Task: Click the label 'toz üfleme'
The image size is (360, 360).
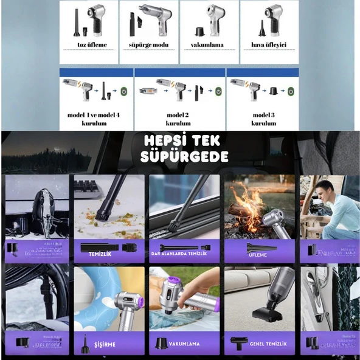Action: [88, 44]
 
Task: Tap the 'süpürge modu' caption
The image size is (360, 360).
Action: [148, 44]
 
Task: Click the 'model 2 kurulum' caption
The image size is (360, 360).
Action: [178, 118]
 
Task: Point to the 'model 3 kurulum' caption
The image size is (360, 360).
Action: [264, 118]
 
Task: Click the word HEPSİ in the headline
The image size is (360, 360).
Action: [163, 140]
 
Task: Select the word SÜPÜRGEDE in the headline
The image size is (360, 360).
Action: [184, 157]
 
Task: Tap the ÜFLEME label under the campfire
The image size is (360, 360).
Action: [257, 254]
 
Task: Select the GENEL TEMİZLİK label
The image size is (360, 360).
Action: [268, 344]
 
